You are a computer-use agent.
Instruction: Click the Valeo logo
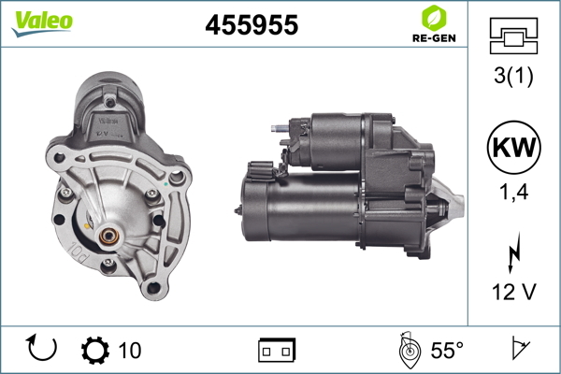tap(42, 23)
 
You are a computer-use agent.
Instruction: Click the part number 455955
tap(252, 24)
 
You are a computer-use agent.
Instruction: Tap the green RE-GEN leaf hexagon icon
tap(434, 18)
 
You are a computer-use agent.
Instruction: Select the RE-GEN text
tap(434, 38)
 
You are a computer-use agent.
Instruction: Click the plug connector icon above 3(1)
tap(513, 36)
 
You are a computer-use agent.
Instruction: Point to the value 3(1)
tap(513, 76)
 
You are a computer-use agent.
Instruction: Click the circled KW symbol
tap(513, 147)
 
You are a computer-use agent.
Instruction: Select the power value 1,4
tap(513, 192)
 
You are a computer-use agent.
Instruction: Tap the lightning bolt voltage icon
tap(513, 252)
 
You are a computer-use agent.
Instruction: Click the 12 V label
tap(513, 292)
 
